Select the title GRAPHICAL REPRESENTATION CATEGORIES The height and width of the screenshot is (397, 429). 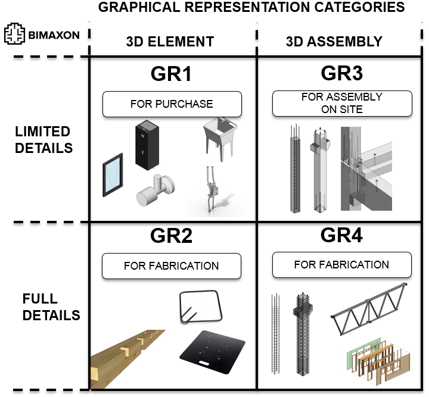251,8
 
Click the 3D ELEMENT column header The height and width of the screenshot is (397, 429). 170,42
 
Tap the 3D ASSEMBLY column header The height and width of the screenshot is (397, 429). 334,42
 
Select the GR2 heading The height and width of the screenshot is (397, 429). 172,237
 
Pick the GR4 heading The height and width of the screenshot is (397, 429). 341,236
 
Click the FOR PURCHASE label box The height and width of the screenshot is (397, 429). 172,104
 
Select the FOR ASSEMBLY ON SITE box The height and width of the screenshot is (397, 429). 341,103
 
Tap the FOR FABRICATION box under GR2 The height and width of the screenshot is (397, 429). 172,266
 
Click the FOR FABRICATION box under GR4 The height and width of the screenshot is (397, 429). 341,265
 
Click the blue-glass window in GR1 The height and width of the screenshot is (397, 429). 112,177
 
